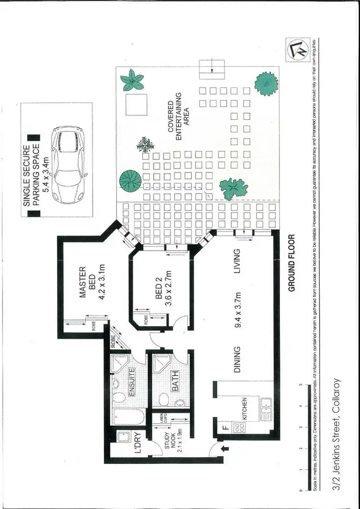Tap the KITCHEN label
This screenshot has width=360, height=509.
pos(244,409)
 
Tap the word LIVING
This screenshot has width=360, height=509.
pos(237,261)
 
